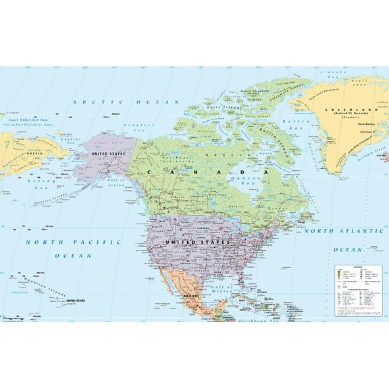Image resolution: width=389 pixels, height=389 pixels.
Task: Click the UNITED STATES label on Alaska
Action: tap(109, 154)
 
